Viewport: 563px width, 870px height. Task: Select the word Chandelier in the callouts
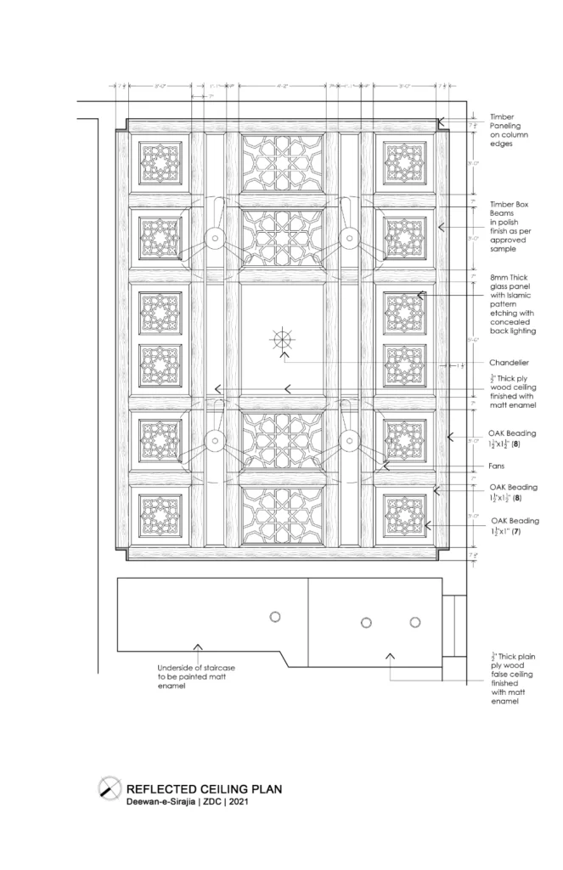click(x=510, y=362)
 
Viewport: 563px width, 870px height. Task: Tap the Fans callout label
click(x=498, y=466)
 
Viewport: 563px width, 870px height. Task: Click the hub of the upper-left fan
click(x=215, y=240)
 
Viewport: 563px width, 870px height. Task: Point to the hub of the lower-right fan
click(x=348, y=439)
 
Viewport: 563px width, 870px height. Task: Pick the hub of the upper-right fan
click(x=348, y=240)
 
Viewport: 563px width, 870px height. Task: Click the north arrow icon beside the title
click(x=109, y=788)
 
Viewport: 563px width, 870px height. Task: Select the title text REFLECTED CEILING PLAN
click(x=204, y=788)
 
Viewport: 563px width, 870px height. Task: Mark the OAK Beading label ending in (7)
click(x=513, y=525)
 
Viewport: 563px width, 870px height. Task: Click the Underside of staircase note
click(x=196, y=676)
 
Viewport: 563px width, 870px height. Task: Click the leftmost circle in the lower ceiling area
click(x=274, y=616)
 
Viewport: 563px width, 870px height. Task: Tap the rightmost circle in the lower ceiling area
click(x=415, y=622)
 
